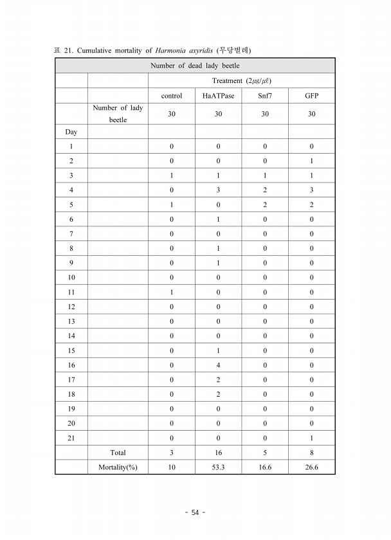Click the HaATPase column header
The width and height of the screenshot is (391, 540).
pyautogui.click(x=218, y=96)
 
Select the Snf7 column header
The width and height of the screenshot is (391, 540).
pyautogui.click(x=265, y=96)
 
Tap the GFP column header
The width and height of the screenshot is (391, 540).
pyautogui.click(x=311, y=96)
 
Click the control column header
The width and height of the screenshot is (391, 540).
pyautogui.click(x=172, y=96)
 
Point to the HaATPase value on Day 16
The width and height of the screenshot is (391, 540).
pyautogui.click(x=218, y=364)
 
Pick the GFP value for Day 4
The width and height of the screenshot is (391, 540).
pyautogui.click(x=311, y=190)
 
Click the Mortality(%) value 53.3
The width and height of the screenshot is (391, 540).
pyautogui.click(x=218, y=467)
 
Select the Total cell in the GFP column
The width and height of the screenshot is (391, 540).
pyautogui.click(x=311, y=453)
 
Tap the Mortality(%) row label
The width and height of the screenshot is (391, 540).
pyautogui.click(x=118, y=467)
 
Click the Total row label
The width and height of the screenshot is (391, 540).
pyautogui.click(x=118, y=453)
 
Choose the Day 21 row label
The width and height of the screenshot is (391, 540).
pyautogui.click(x=71, y=438)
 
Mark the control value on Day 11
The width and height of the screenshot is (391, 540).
pyautogui.click(x=172, y=292)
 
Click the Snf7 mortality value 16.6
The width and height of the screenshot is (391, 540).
pyautogui.click(x=265, y=467)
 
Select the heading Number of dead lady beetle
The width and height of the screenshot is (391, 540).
pyautogui.click(x=195, y=66)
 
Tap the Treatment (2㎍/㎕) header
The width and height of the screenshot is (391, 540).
pyautogui.click(x=241, y=80)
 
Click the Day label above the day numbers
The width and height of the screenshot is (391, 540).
pyautogui.click(x=71, y=132)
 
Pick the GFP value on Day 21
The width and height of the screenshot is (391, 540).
pyautogui.click(x=311, y=438)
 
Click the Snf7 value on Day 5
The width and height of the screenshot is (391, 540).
pyautogui.click(x=265, y=204)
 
